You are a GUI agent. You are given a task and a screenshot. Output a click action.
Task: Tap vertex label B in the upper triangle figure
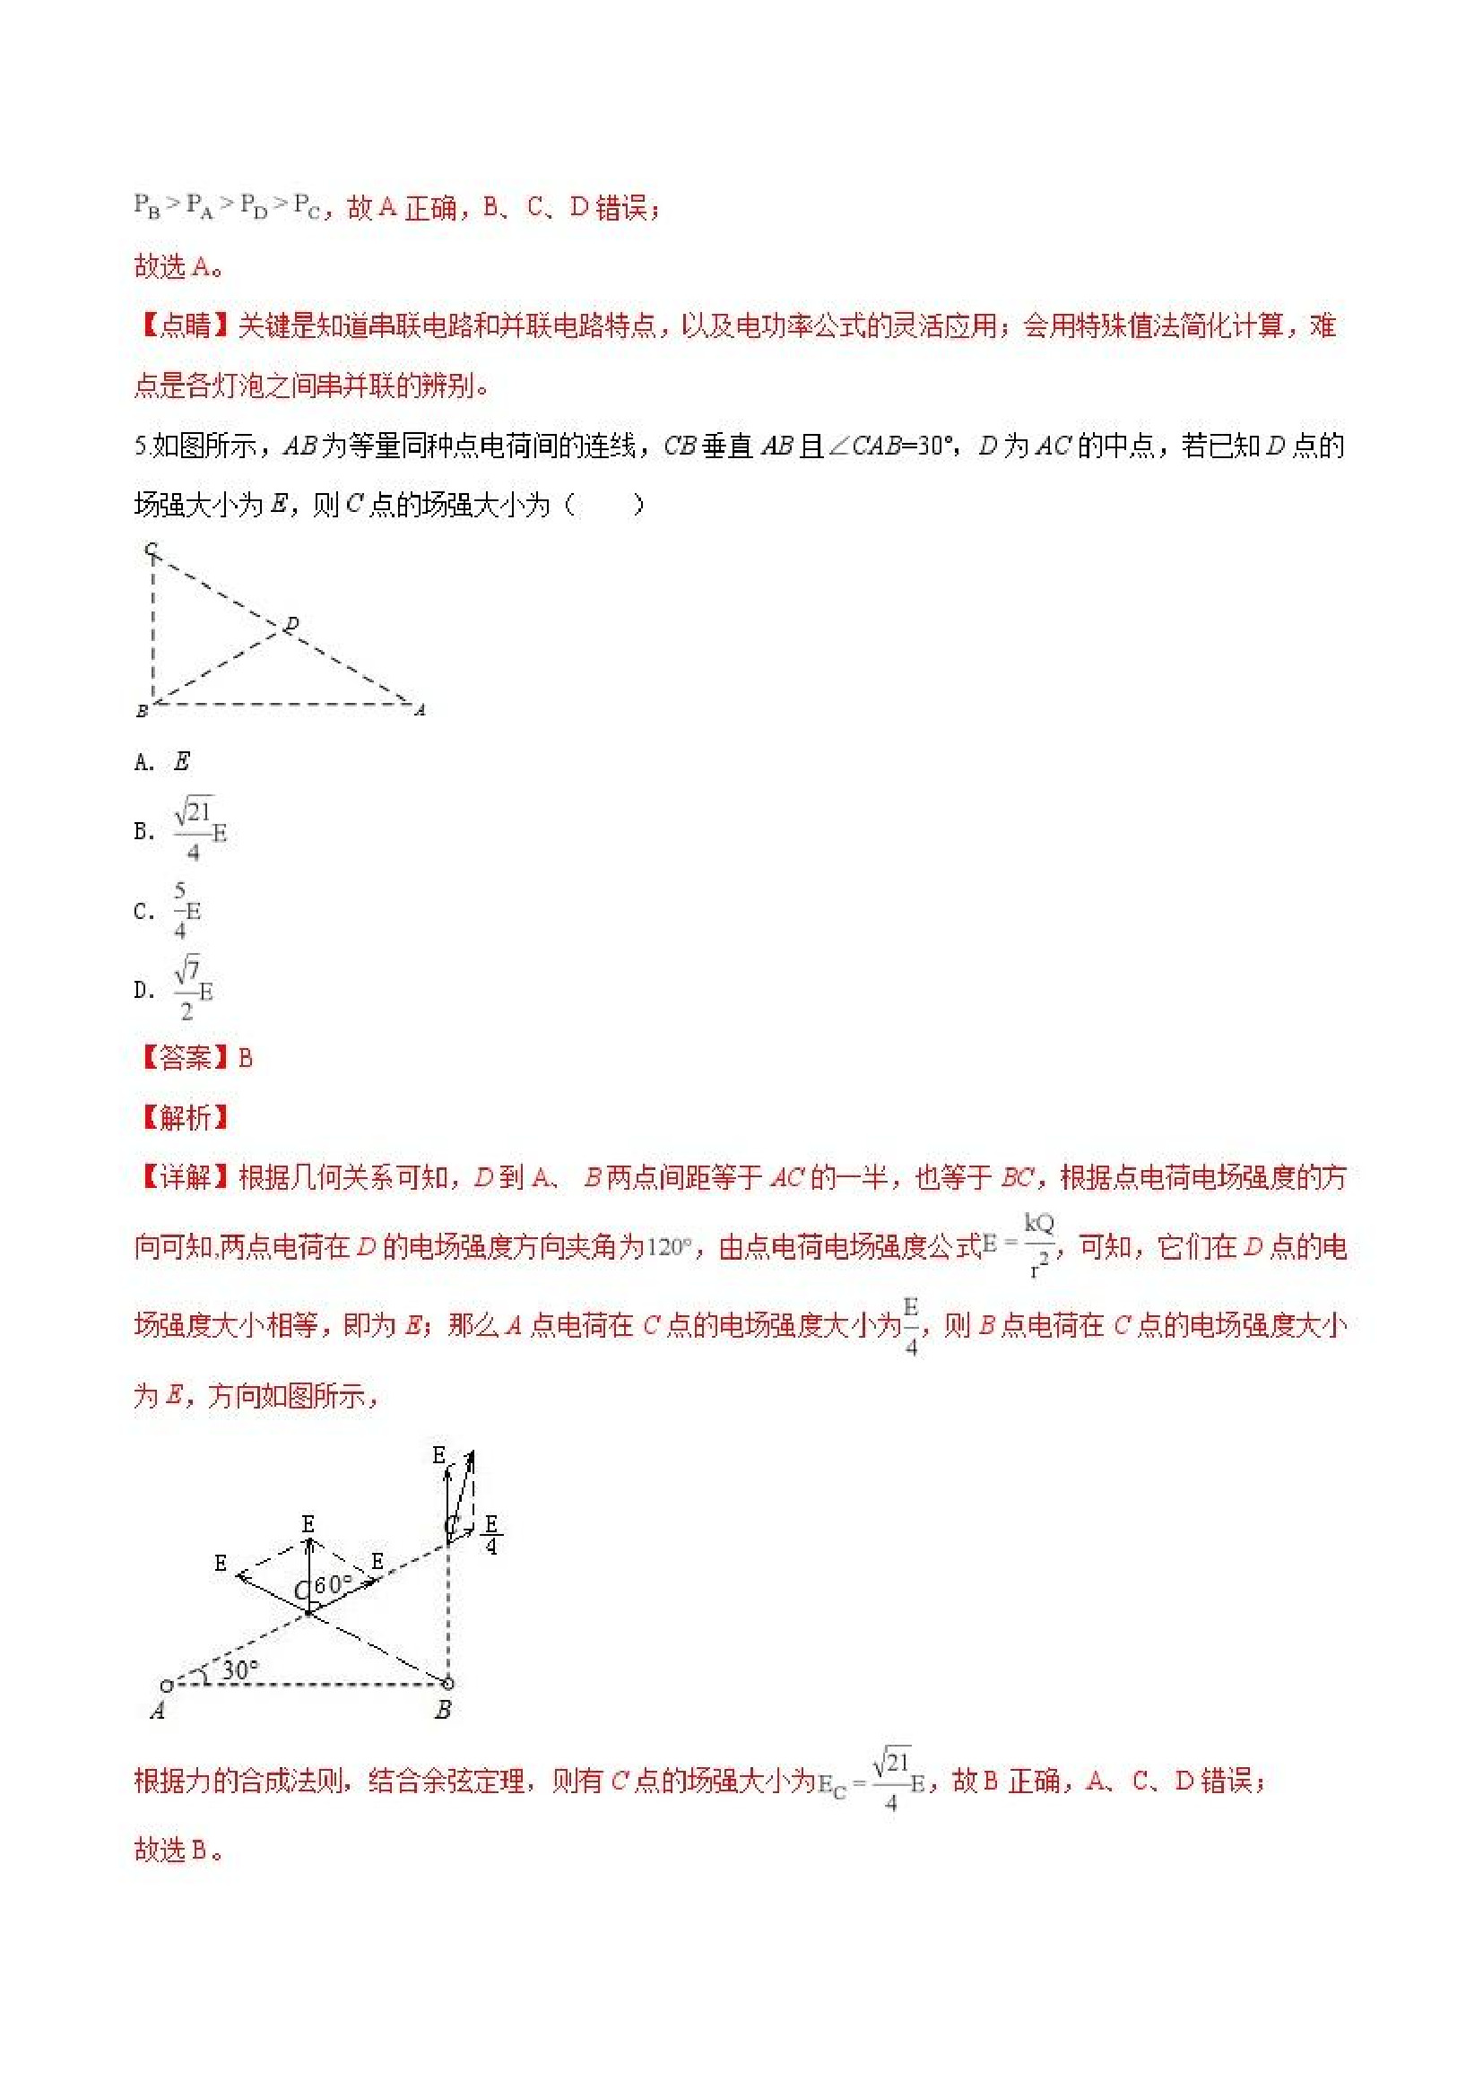point(142,711)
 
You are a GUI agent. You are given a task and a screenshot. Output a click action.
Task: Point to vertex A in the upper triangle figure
point(420,709)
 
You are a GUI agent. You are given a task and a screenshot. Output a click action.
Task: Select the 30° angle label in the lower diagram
point(240,1669)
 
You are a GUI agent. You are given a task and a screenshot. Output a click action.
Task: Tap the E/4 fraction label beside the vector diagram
point(491,1535)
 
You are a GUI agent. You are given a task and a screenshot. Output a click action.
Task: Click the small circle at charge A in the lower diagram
point(166,1686)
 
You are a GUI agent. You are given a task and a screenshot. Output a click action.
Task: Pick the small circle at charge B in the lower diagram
point(447,1683)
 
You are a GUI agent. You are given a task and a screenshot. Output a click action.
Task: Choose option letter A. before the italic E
point(143,762)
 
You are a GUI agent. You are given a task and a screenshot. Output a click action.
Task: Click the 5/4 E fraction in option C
point(186,910)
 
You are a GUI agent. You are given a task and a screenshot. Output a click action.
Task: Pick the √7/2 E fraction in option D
point(193,989)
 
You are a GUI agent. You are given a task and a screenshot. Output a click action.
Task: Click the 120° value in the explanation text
point(669,1247)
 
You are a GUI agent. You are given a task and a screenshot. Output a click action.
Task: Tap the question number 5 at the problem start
point(140,446)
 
